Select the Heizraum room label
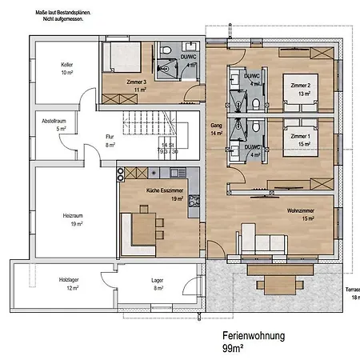click(x=74, y=215)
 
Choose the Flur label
click(x=88, y=138)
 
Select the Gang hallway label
click(x=215, y=126)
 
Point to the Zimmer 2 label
click(x=300, y=86)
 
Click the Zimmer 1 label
click(x=300, y=137)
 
